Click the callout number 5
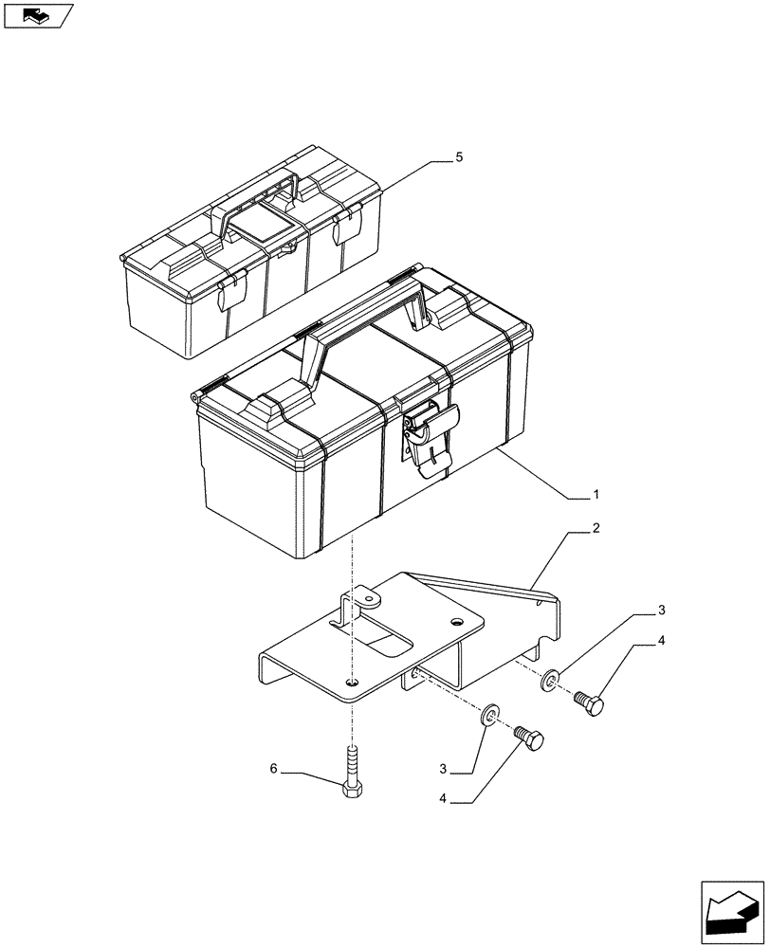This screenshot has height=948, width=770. [x=459, y=157]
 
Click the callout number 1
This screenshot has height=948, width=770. [x=596, y=494]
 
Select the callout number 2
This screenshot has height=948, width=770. [x=596, y=527]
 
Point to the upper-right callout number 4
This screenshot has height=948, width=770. [x=661, y=641]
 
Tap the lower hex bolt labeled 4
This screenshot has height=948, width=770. [x=528, y=738]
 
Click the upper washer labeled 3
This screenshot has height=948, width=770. [x=551, y=680]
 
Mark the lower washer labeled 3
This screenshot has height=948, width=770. [x=488, y=713]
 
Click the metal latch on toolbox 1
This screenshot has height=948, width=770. [x=430, y=436]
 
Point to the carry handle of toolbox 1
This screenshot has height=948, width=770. [x=360, y=322]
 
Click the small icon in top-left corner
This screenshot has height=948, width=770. [x=38, y=16]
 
